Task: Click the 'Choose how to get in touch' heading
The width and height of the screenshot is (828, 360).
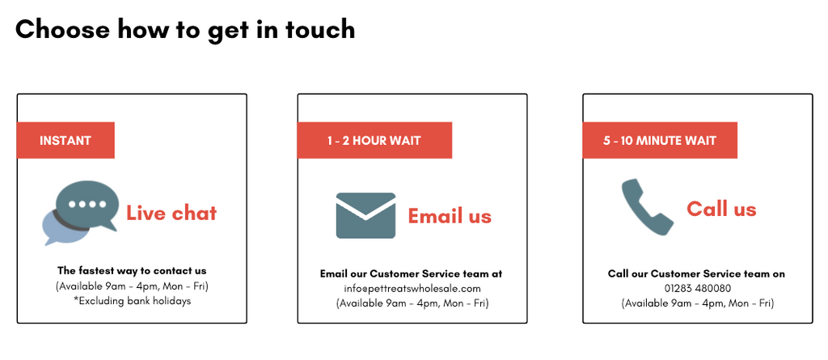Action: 185,29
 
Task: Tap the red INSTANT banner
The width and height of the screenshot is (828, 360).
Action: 65,140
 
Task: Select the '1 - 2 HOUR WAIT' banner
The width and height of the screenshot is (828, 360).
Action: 374,140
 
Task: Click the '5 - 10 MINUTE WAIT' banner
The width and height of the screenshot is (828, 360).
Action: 660,140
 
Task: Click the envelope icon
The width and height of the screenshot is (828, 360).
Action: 366,216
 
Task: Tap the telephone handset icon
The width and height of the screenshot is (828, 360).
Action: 647,206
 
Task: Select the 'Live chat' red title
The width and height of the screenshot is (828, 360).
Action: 171,213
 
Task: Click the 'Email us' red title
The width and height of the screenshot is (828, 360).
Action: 450,216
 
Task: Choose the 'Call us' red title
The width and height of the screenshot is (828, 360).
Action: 721,209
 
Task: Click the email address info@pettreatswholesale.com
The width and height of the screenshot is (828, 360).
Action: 412,289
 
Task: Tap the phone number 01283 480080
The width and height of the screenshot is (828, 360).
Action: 698,289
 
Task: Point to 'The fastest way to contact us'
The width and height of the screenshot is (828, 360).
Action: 132,271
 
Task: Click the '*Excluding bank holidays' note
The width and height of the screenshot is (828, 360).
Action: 132,301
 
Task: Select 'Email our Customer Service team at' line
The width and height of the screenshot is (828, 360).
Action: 412,273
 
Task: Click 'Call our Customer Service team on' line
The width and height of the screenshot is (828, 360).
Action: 696,273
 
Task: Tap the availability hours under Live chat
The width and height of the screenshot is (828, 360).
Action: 132,286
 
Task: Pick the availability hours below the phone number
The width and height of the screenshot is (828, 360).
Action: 698,304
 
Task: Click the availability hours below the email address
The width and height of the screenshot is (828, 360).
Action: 412,304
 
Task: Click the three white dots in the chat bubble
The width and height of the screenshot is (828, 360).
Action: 87,205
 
